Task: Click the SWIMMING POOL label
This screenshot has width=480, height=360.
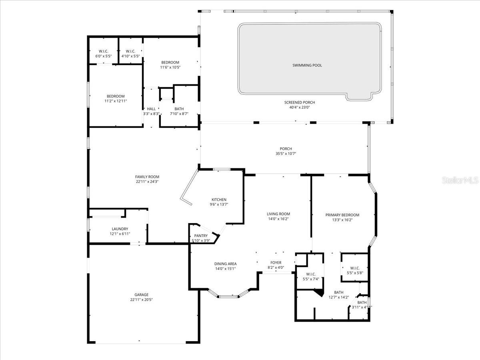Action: (x=307, y=65)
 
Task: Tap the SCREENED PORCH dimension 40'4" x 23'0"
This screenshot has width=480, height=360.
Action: (x=300, y=107)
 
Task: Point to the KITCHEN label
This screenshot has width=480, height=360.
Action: (x=219, y=200)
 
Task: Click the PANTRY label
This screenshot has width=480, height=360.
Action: (x=201, y=236)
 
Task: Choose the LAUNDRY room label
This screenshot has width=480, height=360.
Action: (x=120, y=229)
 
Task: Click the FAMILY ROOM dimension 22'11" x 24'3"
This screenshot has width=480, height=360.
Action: (x=147, y=182)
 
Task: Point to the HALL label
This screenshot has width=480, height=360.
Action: (x=151, y=109)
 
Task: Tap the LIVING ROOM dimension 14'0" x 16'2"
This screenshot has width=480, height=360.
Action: (x=279, y=219)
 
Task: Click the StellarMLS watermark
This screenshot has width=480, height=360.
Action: (x=460, y=180)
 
